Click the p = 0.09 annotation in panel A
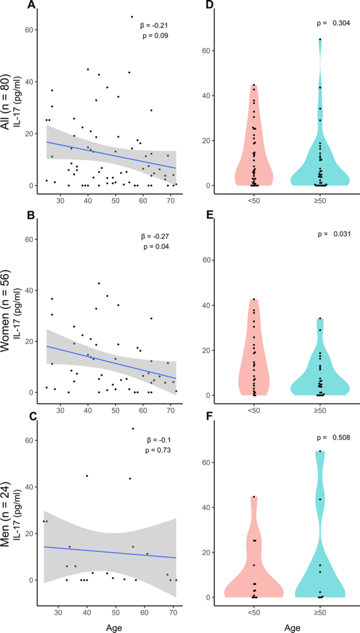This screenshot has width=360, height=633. [x=155, y=35]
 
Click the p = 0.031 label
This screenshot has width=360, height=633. [x=334, y=233]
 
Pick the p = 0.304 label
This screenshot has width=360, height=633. [x=334, y=23]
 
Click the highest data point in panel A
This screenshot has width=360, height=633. [x=132, y=17]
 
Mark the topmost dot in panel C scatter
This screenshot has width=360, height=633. [x=132, y=428]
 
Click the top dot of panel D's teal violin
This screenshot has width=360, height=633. [x=320, y=39]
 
